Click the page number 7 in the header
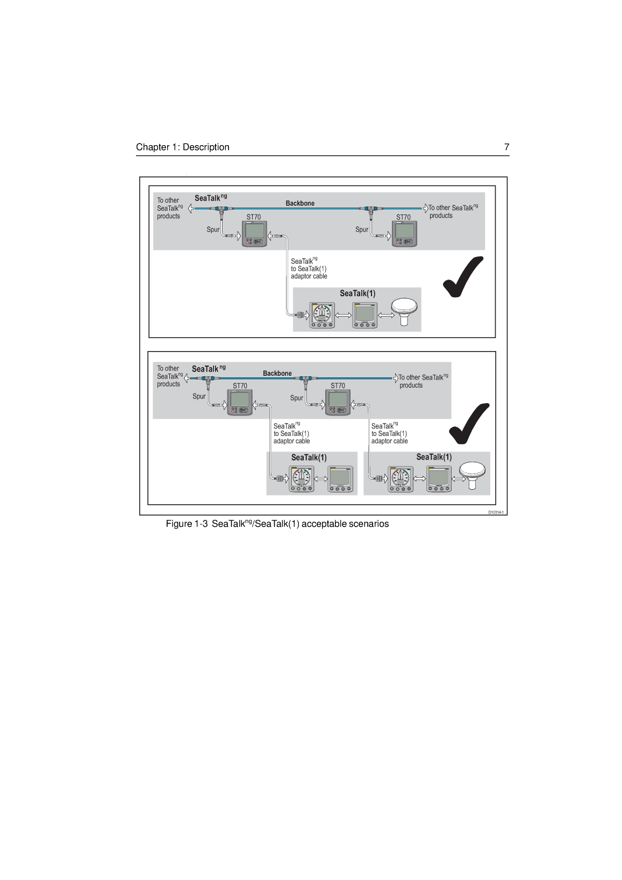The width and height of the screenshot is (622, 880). [506, 147]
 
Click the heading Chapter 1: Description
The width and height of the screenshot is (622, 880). [182, 147]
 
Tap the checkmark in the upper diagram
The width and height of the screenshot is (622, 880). [463, 277]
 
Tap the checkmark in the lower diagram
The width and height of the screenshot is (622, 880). [469, 424]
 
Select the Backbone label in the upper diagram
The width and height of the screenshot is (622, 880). [300, 203]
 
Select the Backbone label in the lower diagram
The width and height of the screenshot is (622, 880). [277, 373]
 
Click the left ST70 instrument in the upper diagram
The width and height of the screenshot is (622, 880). [254, 234]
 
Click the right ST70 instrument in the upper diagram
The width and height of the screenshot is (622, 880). [404, 234]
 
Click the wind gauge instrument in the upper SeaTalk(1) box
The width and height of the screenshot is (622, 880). [321, 315]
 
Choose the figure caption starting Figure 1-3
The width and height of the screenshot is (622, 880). [277, 524]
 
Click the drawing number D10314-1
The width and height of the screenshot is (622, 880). [496, 512]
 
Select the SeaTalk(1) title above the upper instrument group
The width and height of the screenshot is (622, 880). [358, 294]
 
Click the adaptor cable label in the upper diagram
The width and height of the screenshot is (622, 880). [309, 268]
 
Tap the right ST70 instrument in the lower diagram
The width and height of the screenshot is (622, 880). [338, 402]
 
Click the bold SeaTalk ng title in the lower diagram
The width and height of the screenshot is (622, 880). [209, 369]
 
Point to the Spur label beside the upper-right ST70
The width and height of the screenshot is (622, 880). [362, 230]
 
